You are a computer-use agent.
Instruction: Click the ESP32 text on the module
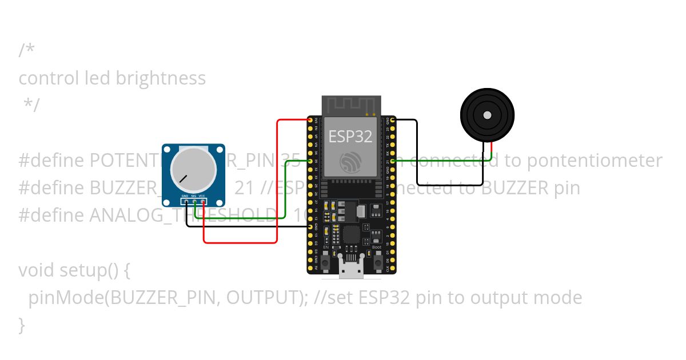pos(350,136)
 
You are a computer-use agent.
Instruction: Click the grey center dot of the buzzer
pos(487,115)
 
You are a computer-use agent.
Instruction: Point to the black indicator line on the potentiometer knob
pos(184,178)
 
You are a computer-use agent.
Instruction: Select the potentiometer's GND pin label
pos(185,196)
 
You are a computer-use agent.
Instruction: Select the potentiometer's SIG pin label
pos(194,196)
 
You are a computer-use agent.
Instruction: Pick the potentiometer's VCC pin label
pos(202,196)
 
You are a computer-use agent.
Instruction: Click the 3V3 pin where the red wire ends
pos(310,120)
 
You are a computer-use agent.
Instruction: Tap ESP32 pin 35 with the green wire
pos(310,161)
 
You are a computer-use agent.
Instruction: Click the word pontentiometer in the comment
pos(594,161)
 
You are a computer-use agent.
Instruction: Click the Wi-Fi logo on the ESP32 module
pos(350,162)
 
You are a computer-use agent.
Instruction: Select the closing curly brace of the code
pos(22,325)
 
